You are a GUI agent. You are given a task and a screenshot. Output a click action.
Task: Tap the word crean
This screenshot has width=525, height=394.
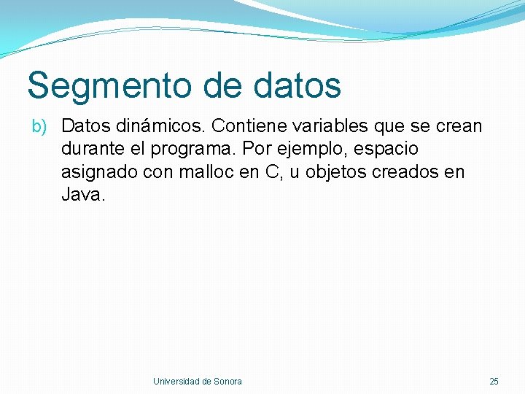(x=458, y=126)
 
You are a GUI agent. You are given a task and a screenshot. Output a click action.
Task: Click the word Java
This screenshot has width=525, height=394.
(x=82, y=196)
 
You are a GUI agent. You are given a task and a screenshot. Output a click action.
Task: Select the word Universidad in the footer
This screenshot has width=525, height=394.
(x=176, y=382)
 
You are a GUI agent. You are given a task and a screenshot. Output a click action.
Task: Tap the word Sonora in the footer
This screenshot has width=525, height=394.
(x=227, y=382)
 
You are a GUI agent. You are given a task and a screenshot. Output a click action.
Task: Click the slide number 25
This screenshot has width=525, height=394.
(x=494, y=382)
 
